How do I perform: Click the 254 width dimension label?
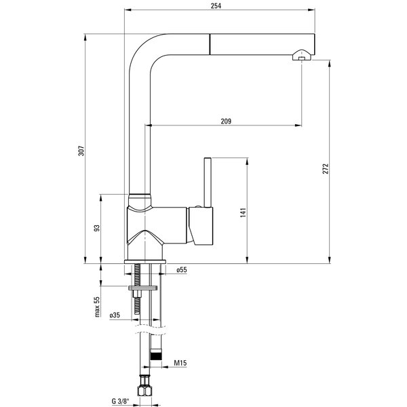(x=216, y=5)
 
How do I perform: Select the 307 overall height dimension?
(x=81, y=151)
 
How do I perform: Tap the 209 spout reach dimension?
(x=226, y=121)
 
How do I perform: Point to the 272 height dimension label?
(x=326, y=169)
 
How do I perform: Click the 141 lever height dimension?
(x=243, y=212)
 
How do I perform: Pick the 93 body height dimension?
(x=96, y=228)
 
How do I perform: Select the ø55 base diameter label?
(x=182, y=270)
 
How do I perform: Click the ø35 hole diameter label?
(x=115, y=315)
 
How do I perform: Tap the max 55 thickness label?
(x=97, y=307)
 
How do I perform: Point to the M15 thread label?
(x=180, y=363)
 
